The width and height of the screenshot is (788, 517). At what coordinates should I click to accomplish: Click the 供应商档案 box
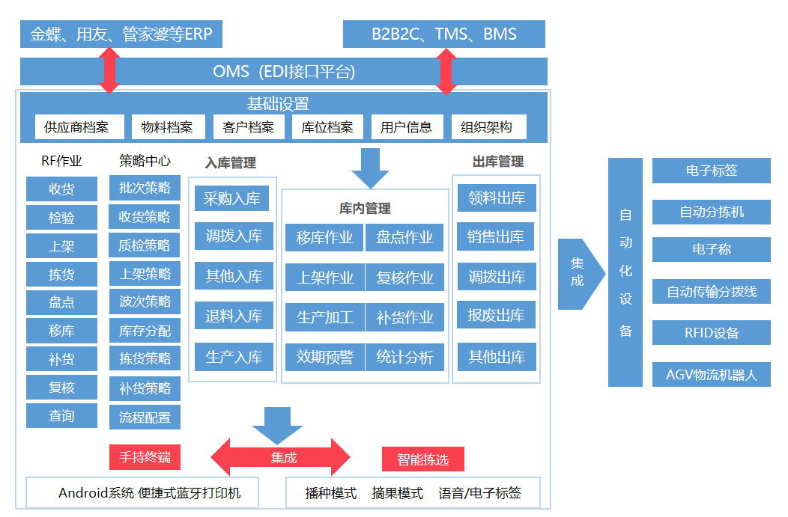click(79, 127)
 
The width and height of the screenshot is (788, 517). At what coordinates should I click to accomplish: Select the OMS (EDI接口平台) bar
click(283, 72)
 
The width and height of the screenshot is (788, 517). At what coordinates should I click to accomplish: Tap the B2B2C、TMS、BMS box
click(443, 34)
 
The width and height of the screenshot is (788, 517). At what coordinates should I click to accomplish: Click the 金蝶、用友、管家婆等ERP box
click(121, 34)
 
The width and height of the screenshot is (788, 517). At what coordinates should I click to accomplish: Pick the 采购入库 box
click(232, 198)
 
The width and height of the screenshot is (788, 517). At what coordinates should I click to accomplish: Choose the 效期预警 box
click(325, 357)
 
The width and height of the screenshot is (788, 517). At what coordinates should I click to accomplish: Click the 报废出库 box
click(496, 315)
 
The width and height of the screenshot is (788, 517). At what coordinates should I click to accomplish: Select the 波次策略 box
click(145, 302)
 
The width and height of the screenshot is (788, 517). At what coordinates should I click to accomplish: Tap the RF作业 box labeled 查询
click(61, 415)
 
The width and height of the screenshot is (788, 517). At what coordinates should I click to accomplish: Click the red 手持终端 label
click(145, 457)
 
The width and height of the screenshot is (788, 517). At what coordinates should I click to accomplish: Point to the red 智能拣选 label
click(423, 459)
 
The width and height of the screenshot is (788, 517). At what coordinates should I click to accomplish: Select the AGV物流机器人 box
click(711, 375)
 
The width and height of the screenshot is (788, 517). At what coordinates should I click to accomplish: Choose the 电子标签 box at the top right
click(711, 171)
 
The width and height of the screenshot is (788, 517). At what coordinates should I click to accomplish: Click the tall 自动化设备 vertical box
click(625, 272)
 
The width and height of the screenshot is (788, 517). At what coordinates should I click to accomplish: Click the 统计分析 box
click(404, 357)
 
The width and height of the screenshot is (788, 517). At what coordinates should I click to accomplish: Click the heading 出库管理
click(497, 162)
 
